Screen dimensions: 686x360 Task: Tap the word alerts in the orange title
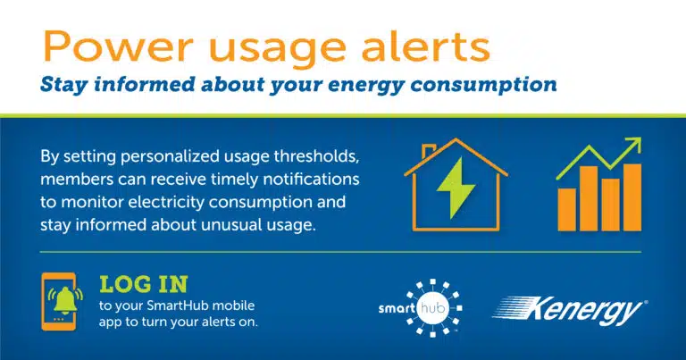pos(425,46)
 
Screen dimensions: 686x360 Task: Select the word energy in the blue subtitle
pos(365,85)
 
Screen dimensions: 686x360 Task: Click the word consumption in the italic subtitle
pos(483,85)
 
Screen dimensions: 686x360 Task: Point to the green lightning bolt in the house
pos(456,188)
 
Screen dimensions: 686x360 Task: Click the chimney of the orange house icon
pos(428,151)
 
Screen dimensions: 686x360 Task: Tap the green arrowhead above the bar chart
pos(632,146)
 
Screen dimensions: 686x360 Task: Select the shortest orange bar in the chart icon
pos(567,209)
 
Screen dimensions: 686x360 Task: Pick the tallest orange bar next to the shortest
pos(589,198)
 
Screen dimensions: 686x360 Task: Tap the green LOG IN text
pos(144,284)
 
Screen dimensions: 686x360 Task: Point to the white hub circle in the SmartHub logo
pos(432,307)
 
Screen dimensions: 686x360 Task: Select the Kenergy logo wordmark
pos(569,311)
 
